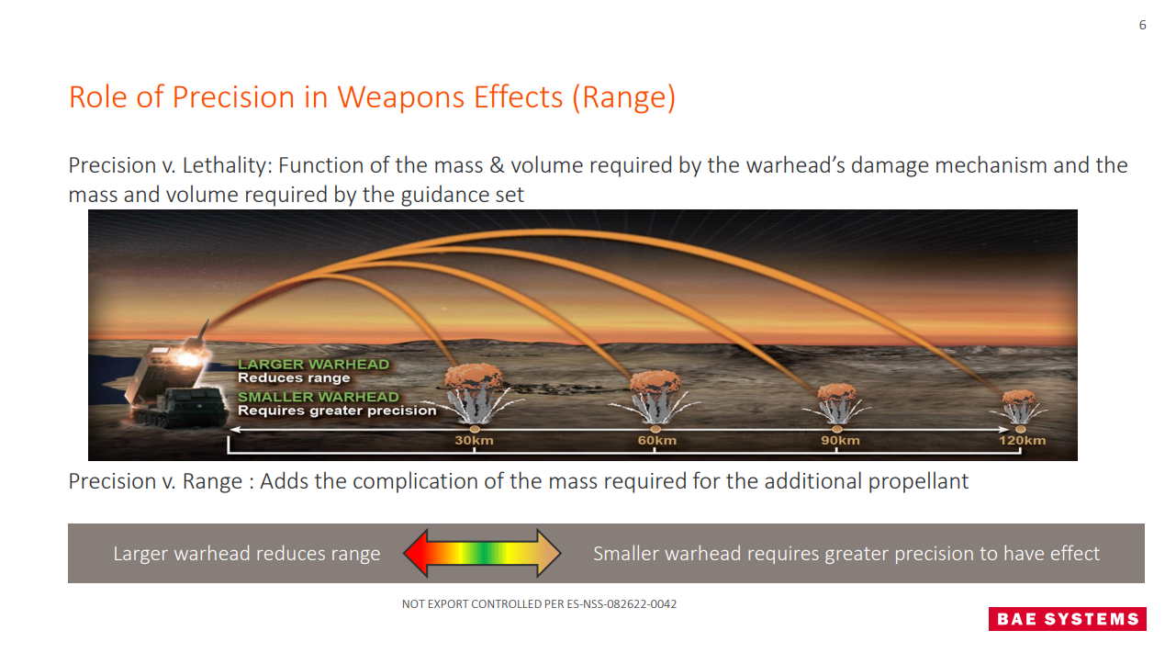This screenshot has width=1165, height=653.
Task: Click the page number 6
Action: [x=1142, y=25]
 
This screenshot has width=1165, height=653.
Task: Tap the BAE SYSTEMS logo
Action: [x=1067, y=619]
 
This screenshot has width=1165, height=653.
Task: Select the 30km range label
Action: [x=474, y=440]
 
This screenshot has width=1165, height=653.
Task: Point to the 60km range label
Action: [x=657, y=440]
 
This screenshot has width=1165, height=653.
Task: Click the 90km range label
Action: [x=840, y=440]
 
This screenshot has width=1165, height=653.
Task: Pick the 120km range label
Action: [x=1022, y=440]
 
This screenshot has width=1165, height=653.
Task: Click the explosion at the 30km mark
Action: [x=474, y=393]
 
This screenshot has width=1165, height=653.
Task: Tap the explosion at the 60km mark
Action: [x=655, y=397]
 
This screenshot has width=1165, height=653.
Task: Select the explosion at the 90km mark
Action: [x=836, y=404]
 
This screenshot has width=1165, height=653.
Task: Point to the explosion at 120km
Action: [x=1018, y=407]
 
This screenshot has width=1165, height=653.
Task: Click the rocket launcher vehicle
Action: [x=174, y=382]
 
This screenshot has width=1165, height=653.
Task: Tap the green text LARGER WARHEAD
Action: [x=313, y=365]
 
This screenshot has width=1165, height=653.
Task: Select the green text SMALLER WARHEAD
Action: [x=319, y=397]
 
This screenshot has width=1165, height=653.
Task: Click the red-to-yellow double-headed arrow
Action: [x=482, y=553]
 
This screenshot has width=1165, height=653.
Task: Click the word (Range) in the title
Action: [x=623, y=98]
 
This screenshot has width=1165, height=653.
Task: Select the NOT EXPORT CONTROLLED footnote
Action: [x=539, y=604]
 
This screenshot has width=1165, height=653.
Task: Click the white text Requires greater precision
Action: [x=337, y=411]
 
